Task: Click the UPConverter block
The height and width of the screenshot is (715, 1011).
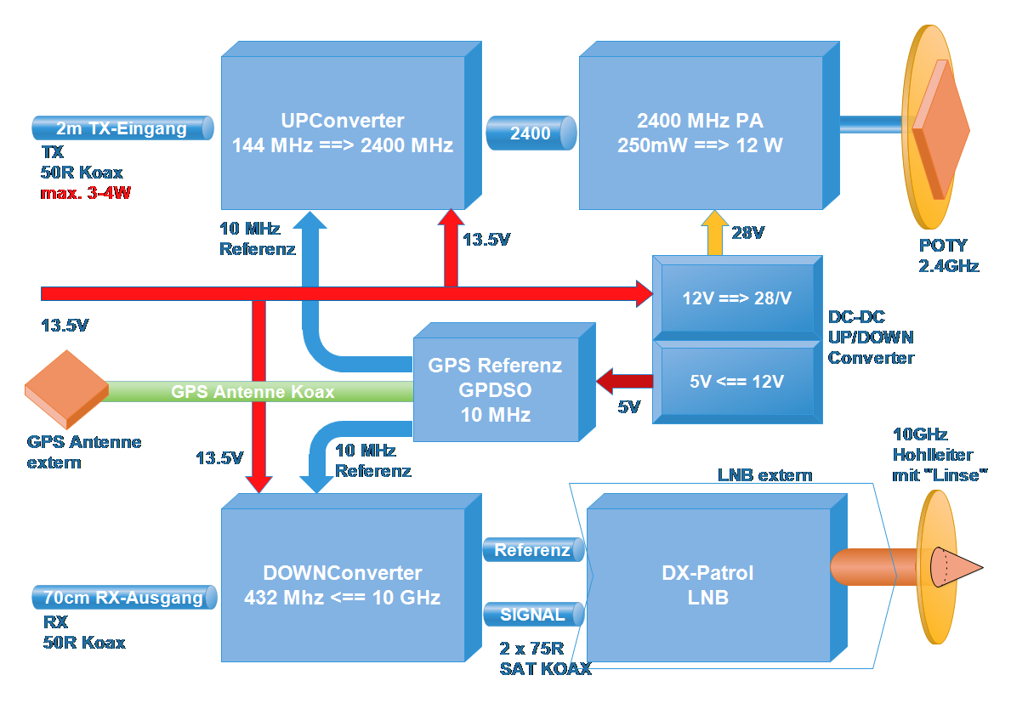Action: tap(343, 133)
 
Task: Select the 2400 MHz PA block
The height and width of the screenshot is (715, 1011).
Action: tap(701, 133)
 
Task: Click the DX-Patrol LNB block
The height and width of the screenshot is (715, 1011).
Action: tap(707, 585)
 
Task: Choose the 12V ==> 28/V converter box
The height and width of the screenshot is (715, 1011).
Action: tap(736, 298)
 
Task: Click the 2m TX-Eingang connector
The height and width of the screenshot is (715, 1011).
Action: tap(122, 129)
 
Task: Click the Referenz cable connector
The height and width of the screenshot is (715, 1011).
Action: tap(533, 550)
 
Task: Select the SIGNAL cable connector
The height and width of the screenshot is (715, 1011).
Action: tap(533, 614)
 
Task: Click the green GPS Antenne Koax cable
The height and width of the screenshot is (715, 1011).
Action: tap(255, 392)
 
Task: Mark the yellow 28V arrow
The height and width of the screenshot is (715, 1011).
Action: tap(714, 233)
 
